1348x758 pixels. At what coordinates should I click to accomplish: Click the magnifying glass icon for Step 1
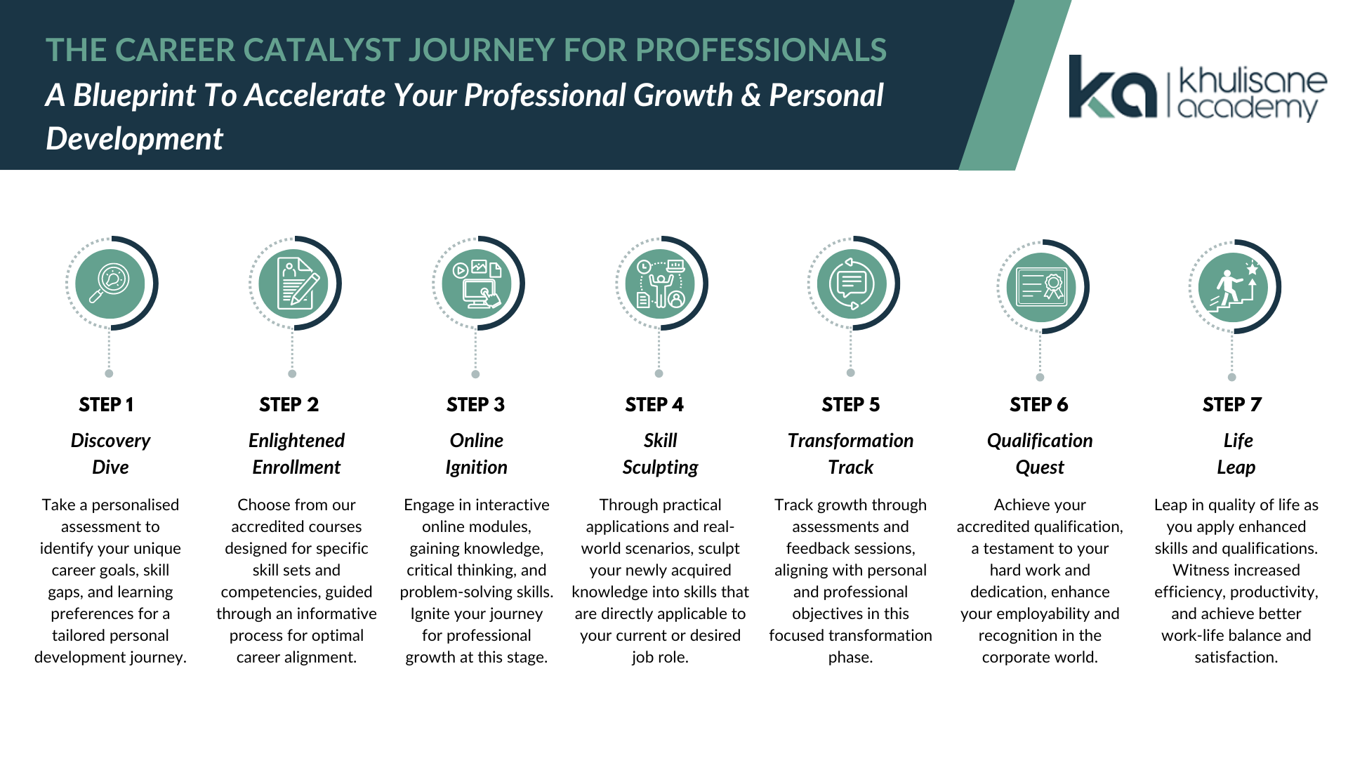110,284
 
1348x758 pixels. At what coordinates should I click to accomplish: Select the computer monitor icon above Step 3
477,284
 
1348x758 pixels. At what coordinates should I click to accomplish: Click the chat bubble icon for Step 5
852,284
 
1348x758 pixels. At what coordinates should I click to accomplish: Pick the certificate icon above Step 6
1040,286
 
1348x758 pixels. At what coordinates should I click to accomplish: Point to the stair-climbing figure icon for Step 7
1233,286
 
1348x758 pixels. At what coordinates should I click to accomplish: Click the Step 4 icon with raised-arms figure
661,284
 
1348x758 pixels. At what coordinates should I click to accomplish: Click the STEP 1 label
107,405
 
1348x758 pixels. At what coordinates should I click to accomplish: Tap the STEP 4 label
654,405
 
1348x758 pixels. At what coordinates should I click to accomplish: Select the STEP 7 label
1232,405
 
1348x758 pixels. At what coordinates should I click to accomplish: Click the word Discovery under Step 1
110,441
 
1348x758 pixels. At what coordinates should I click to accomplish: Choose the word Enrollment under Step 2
296,467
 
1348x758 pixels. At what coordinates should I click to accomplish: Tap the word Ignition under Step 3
477,468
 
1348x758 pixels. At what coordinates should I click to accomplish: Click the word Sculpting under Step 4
661,468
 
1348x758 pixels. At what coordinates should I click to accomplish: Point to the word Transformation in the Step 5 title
851,441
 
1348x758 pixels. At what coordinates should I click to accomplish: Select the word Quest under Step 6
1040,468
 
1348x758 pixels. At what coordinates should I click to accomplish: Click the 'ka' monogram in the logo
1113,86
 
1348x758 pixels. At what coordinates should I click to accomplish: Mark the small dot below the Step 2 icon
292,374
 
